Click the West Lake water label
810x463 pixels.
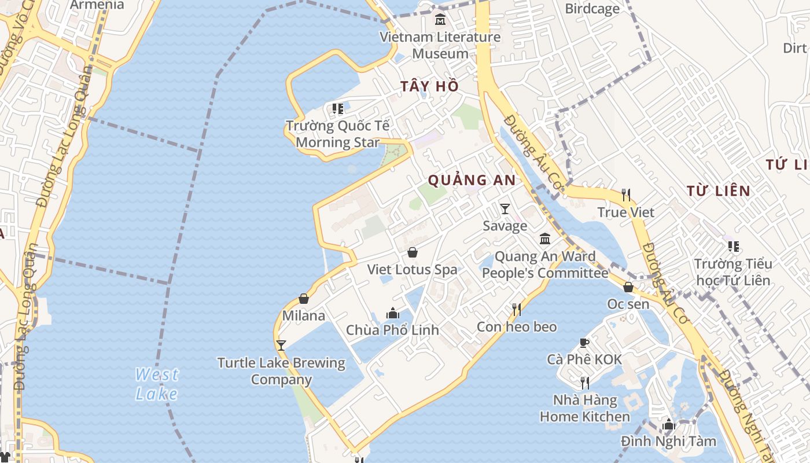pyautogui.click(x=156, y=384)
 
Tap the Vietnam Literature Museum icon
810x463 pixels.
pyautogui.click(x=440, y=20)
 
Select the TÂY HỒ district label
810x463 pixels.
pyautogui.click(x=429, y=86)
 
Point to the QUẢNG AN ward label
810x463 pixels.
pyautogui.click(x=472, y=180)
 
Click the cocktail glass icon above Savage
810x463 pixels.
pyautogui.click(x=505, y=208)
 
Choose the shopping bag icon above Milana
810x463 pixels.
pyautogui.click(x=304, y=299)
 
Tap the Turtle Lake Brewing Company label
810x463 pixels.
pyautogui.click(x=281, y=371)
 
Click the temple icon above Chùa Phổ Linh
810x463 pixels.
pyautogui.click(x=393, y=313)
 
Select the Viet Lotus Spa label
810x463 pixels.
pyautogui.click(x=412, y=269)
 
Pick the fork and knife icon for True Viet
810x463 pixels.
pyautogui.click(x=625, y=194)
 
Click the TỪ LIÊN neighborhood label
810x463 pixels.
pyautogui.click(x=718, y=190)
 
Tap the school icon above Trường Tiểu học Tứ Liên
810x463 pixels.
pyautogui.click(x=733, y=247)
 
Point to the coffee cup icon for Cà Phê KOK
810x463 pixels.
pyautogui.click(x=584, y=343)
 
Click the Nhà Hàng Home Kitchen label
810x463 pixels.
pyautogui.click(x=585, y=408)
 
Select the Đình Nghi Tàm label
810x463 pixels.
pyautogui.click(x=668, y=441)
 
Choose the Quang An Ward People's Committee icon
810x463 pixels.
pyautogui.click(x=545, y=238)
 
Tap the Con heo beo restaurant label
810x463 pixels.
pyautogui.click(x=517, y=326)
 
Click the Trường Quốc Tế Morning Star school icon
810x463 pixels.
pyautogui.click(x=338, y=108)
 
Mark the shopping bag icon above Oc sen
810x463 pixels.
pyautogui.click(x=628, y=286)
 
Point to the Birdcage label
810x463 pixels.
pyautogui.click(x=592, y=9)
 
